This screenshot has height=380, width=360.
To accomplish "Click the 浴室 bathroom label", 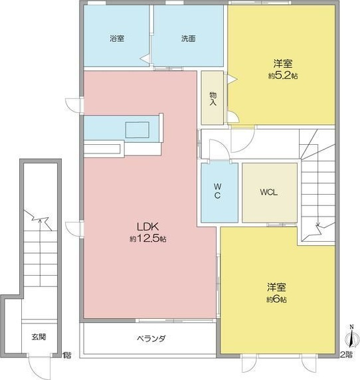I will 117,39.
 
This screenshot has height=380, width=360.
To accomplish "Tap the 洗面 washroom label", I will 188,39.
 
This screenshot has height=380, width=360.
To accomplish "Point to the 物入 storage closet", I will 213,98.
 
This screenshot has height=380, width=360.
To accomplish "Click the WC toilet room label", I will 219,193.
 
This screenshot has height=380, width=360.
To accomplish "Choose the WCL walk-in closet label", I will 269,192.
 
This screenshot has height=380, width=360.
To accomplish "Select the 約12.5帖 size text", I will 147,238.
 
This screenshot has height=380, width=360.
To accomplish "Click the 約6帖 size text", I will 277,300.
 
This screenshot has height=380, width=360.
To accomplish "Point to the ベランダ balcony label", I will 151,339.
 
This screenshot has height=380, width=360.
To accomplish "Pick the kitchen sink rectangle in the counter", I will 138,129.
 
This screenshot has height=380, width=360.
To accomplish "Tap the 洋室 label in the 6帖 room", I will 277,288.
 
